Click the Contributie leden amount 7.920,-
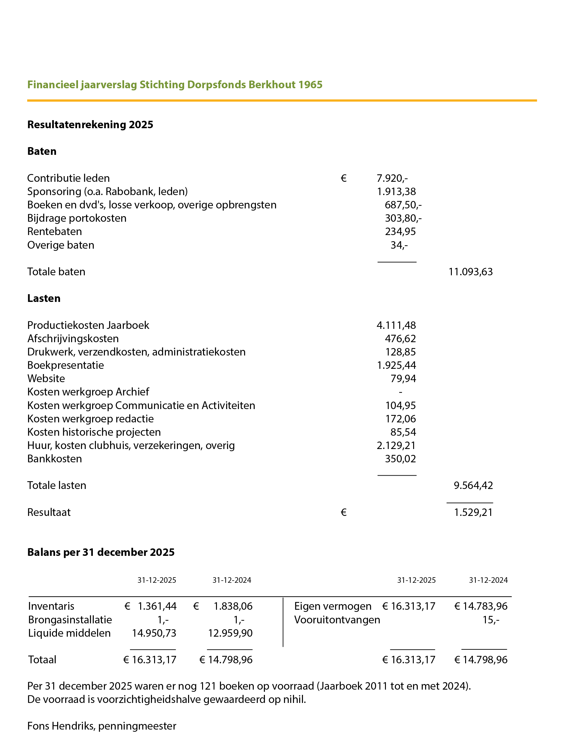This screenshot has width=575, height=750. (392, 178)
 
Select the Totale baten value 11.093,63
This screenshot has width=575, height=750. (471, 272)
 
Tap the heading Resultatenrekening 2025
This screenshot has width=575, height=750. (90, 125)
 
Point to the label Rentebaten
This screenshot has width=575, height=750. (54, 232)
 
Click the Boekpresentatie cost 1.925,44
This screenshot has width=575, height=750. (396, 365)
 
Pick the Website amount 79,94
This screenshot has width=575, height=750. (403, 379)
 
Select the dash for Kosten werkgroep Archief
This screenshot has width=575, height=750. (400, 392)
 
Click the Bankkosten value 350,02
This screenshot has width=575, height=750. (400, 459)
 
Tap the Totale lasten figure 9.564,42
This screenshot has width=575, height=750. (473, 486)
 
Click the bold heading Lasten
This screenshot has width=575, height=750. (44, 299)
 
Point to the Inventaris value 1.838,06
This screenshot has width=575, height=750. (233, 607)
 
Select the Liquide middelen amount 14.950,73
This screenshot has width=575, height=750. (154, 633)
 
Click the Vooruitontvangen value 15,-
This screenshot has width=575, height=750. (491, 620)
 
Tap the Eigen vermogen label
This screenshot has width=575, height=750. (333, 607)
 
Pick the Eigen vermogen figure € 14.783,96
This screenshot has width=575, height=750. (481, 607)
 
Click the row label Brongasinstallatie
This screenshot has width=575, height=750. (70, 620)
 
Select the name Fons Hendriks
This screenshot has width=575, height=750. (60, 726)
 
